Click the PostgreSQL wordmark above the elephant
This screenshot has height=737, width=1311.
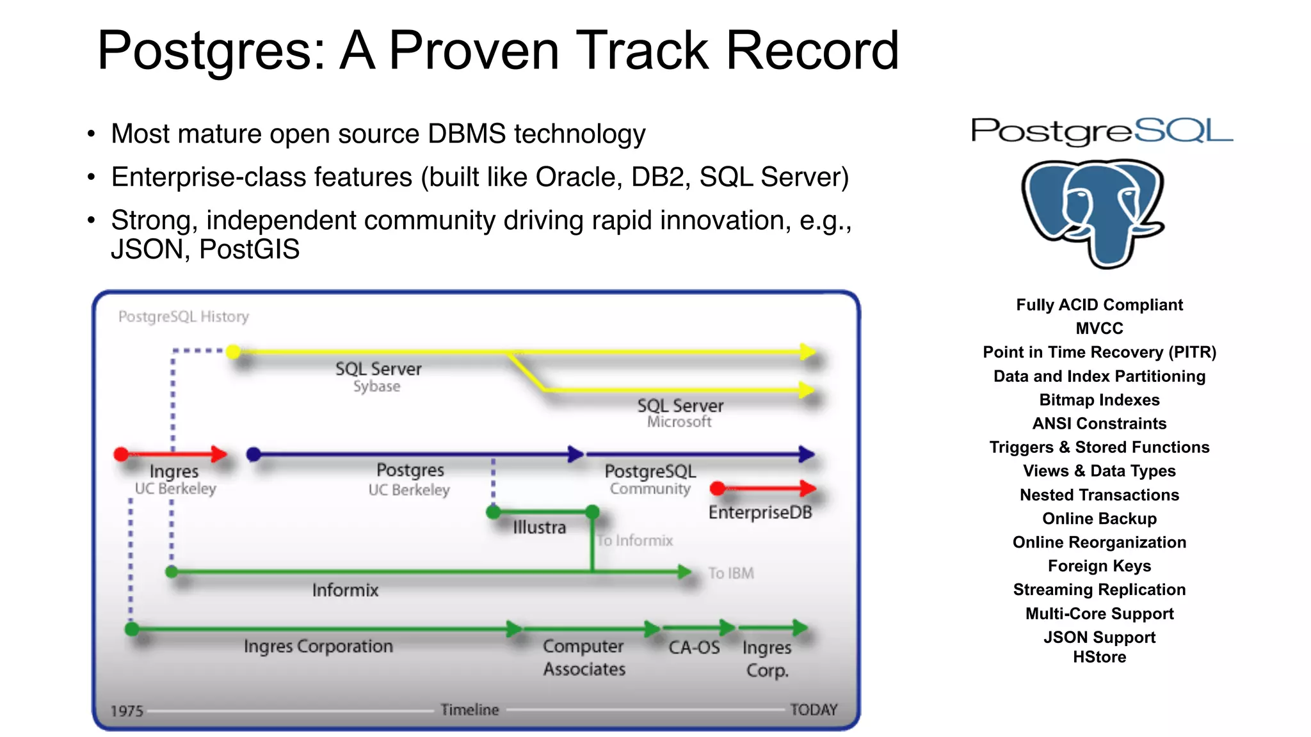pos(1101,131)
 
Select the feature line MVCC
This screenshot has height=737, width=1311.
pos(1099,328)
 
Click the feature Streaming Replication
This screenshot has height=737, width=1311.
pos(1099,589)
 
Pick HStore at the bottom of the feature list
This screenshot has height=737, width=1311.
pos(1099,657)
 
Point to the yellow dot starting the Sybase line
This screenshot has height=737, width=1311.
pos(234,351)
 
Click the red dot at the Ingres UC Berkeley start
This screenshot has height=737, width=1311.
pos(121,454)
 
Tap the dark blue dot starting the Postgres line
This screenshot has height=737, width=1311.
pos(253,454)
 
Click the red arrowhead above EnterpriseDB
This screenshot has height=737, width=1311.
pos(808,489)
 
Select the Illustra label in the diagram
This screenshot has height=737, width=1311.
pos(539,527)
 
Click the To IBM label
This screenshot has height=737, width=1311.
pos(730,573)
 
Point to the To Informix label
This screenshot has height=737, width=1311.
pos(635,541)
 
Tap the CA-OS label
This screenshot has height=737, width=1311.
pos(694,647)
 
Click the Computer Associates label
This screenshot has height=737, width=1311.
pos(584,658)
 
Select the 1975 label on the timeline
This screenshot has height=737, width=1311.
pos(127,711)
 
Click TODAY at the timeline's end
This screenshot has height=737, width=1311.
pos(813,709)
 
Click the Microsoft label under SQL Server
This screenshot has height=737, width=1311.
pos(679,422)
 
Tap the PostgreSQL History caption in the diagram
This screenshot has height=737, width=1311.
pos(184,317)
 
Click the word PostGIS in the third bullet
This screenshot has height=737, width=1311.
pos(249,250)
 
